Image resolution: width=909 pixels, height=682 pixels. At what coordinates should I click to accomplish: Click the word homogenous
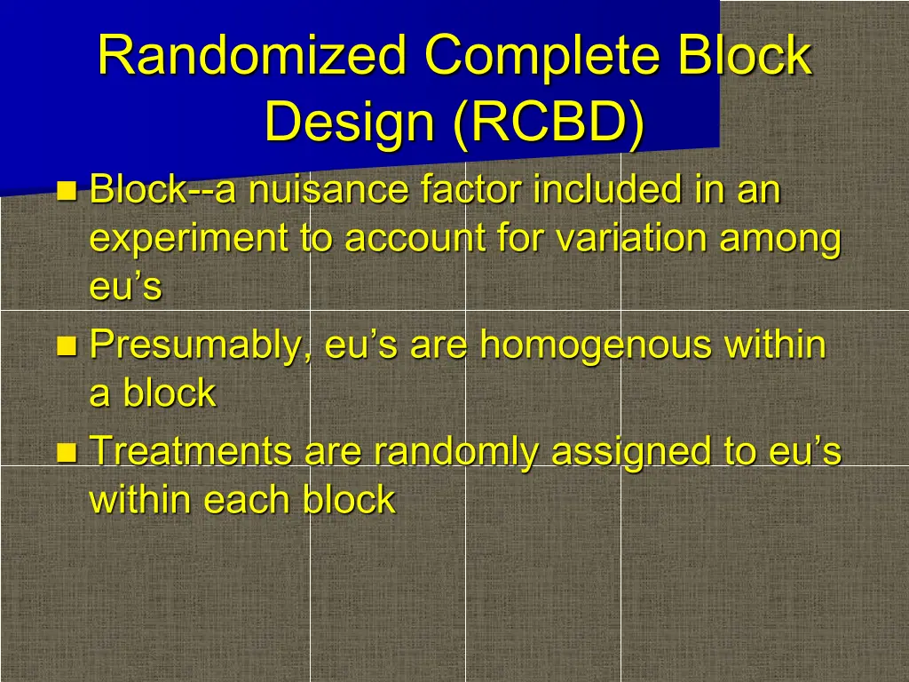point(595,345)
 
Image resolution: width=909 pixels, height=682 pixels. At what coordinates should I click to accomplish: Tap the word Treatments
point(191,451)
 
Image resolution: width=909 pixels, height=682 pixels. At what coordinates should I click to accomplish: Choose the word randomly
point(454,451)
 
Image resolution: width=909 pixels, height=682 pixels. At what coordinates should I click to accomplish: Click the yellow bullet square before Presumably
point(66,345)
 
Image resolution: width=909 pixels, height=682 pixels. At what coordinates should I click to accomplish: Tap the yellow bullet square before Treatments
point(66,452)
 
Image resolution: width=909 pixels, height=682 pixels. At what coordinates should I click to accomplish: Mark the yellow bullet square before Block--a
point(66,190)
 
